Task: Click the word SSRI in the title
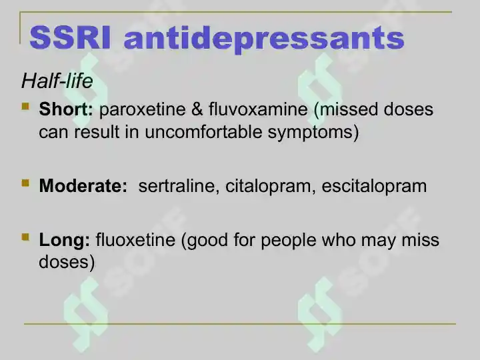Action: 70,38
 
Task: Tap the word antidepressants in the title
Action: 264,39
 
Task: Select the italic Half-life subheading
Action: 57,81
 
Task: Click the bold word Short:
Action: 66,109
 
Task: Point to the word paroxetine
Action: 143,110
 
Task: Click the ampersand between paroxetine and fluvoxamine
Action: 197,109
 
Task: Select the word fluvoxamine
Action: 258,109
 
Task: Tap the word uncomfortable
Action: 203,132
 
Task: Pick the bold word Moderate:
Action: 83,185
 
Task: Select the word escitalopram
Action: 374,187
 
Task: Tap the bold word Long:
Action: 65,240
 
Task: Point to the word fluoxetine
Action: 135,239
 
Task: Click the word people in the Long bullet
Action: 289,240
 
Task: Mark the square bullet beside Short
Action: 25,107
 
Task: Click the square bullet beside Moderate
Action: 25,183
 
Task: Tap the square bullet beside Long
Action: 25,237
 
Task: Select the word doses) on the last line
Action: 67,263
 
